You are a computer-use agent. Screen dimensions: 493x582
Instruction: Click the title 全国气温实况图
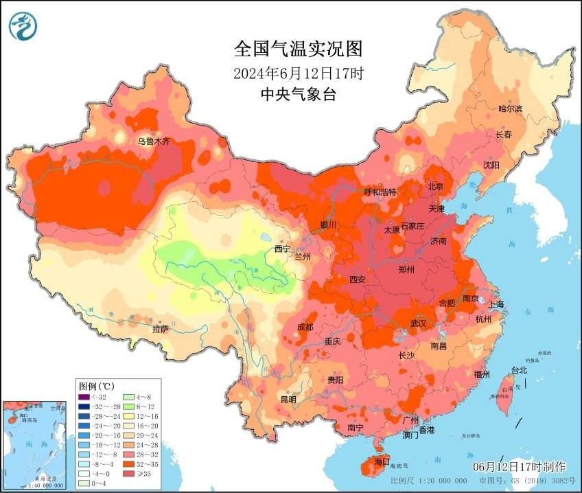297,49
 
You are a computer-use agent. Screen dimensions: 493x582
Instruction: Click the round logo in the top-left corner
23,26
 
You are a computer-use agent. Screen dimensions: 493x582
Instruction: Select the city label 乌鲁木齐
153,141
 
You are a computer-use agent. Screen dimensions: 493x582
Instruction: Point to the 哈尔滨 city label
510,108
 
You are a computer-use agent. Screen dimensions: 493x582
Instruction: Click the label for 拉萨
161,329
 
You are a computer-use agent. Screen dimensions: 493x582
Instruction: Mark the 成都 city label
305,327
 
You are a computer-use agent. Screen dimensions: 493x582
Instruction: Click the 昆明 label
288,399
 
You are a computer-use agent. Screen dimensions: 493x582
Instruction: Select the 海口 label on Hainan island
382,461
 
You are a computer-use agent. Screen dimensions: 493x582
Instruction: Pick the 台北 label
520,370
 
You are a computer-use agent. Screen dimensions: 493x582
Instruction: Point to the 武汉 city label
419,323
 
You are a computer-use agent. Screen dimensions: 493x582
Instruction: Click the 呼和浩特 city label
380,192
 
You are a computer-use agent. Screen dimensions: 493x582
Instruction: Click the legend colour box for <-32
84,397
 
